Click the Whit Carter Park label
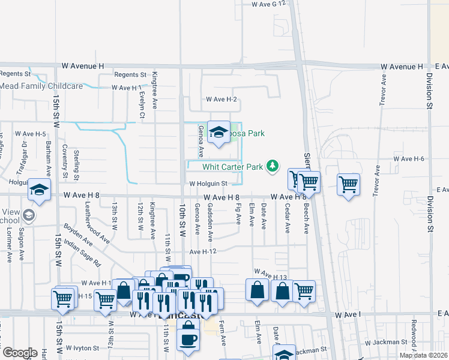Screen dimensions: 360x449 click(x=233, y=167)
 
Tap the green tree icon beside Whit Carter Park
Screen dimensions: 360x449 click(x=273, y=166)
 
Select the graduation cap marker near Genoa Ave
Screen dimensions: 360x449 click(x=218, y=133)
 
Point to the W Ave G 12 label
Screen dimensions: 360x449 click(x=271, y=4)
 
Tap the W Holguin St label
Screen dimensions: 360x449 click(x=208, y=184)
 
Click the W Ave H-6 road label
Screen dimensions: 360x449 click(x=409, y=158)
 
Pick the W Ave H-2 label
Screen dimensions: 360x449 click(x=221, y=99)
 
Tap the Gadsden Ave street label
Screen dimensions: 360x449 click(x=210, y=222)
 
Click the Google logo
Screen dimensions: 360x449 click(x=20, y=353)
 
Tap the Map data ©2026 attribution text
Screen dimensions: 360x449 click(x=424, y=355)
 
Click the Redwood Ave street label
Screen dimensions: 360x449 click(x=414, y=339)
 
